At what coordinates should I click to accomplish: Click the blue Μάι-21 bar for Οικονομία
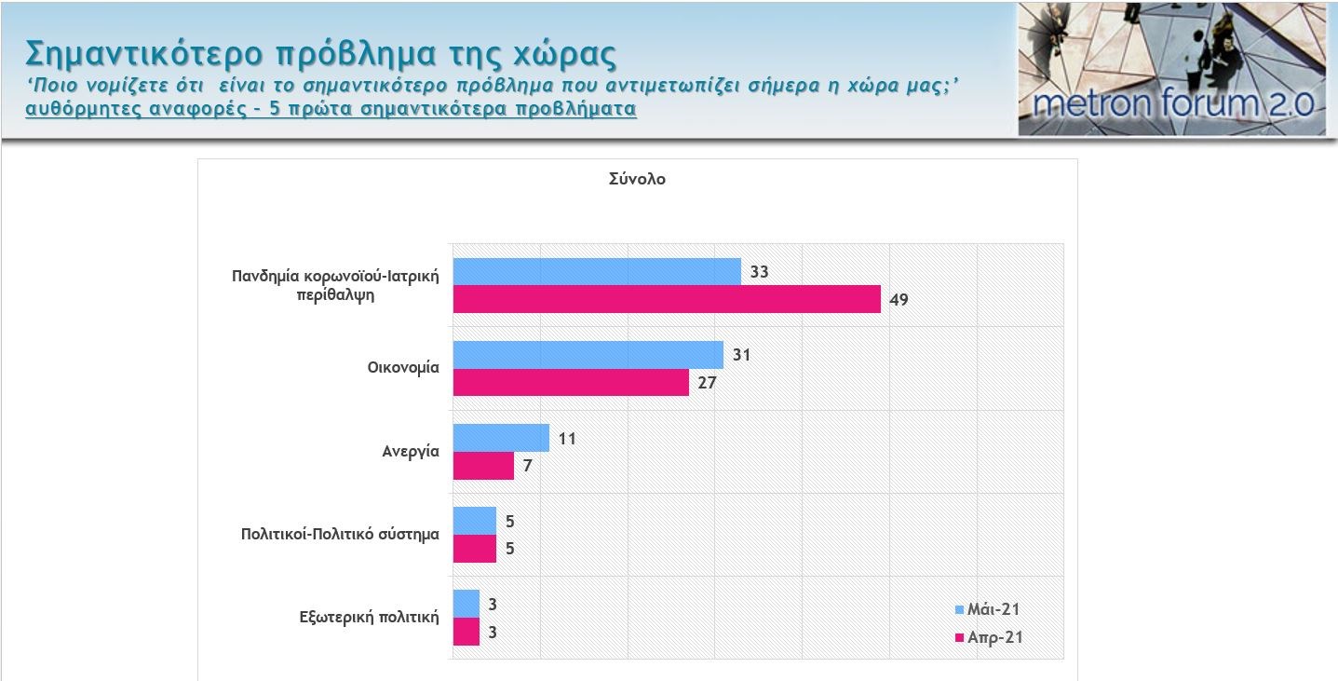[588, 355]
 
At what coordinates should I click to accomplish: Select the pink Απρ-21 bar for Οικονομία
[570, 382]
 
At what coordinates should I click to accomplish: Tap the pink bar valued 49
[666, 299]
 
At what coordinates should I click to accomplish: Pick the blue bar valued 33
[596, 272]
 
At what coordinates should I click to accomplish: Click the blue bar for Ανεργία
[500, 438]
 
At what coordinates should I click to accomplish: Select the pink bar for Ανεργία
[482, 466]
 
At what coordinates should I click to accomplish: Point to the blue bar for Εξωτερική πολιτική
[466, 604]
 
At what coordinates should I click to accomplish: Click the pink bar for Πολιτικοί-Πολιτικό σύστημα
[474, 549]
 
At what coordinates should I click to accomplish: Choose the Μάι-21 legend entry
[989, 609]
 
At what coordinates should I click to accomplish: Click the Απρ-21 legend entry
[989, 638]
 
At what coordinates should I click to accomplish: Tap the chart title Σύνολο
[637, 180]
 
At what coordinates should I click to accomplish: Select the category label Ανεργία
[410, 452]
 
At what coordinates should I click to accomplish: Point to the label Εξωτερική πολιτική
[369, 617]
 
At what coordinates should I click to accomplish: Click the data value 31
[741, 355]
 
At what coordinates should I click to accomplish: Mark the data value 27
[707, 382]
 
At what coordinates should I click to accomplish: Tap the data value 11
[567, 438]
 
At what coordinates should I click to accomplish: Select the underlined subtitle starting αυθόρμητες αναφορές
[331, 108]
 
